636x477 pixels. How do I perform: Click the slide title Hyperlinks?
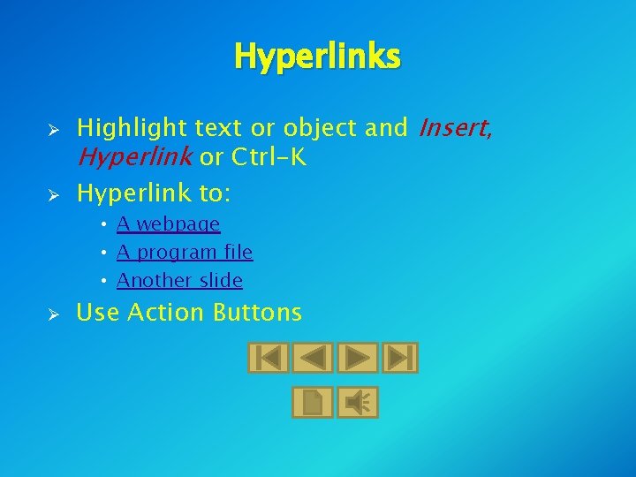pyautogui.click(x=317, y=57)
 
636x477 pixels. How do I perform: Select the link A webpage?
pyautogui.click(x=168, y=224)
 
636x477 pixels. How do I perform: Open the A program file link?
pyautogui.click(x=185, y=253)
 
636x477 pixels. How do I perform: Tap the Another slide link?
pyautogui.click(x=179, y=281)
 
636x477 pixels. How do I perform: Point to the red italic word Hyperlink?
pyautogui.click(x=135, y=158)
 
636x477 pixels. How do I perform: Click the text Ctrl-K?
pyautogui.click(x=269, y=158)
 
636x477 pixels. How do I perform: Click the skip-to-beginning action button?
pyautogui.click(x=268, y=358)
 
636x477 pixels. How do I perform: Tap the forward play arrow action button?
pyautogui.click(x=358, y=358)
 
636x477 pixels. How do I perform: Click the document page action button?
pyautogui.click(x=313, y=403)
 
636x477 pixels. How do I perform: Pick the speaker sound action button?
pyautogui.click(x=358, y=403)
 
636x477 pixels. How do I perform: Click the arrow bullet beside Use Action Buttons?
pyautogui.click(x=53, y=314)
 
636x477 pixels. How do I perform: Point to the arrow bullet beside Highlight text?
pyautogui.click(x=53, y=130)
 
